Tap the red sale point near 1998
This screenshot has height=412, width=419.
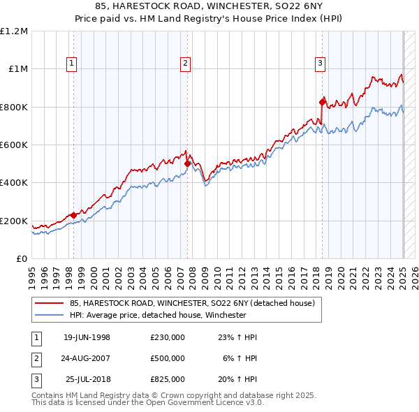73,215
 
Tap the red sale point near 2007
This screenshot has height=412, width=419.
187,164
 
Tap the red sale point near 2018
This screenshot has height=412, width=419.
322,102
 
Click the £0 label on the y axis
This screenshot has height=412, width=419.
20,259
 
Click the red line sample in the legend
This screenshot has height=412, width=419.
49,303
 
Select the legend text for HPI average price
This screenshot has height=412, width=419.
158,315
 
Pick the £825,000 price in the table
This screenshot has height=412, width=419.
168,379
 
